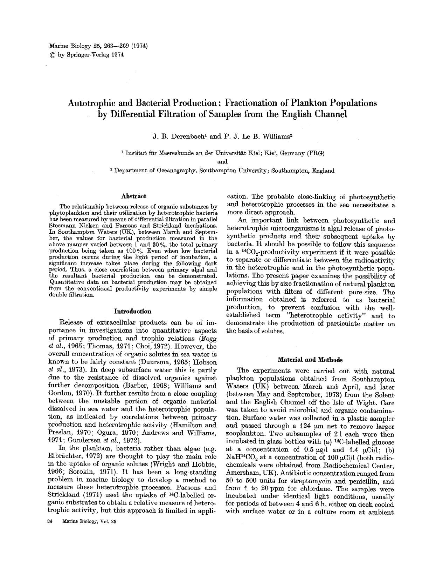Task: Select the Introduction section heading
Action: pos(133,311)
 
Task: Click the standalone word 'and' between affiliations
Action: pos(222,162)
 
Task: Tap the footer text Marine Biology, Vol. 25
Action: pos(89,522)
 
